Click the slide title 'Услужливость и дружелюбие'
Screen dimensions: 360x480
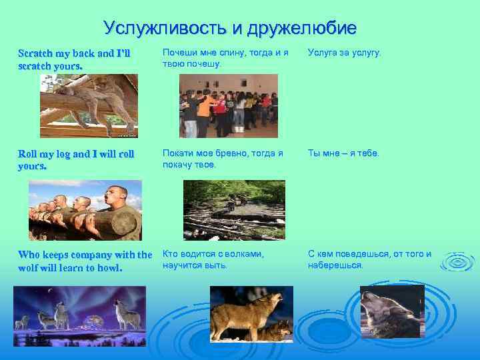[230, 28]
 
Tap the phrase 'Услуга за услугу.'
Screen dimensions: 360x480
[345, 53]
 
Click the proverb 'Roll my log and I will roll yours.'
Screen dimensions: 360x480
[76, 160]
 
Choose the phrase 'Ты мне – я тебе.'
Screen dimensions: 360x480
[343, 153]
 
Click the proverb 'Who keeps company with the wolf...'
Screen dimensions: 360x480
[85, 261]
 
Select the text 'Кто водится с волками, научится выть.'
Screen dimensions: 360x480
[213, 259]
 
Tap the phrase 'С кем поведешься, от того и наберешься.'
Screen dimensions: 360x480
[369, 259]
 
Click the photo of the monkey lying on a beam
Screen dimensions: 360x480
[89, 105]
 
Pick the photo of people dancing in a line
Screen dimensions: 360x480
[228, 105]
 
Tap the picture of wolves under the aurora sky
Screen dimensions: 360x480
[79, 308]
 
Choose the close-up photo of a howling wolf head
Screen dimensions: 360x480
[392, 312]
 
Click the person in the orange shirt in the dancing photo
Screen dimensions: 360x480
[205, 107]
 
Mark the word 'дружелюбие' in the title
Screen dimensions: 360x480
[301, 28]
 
